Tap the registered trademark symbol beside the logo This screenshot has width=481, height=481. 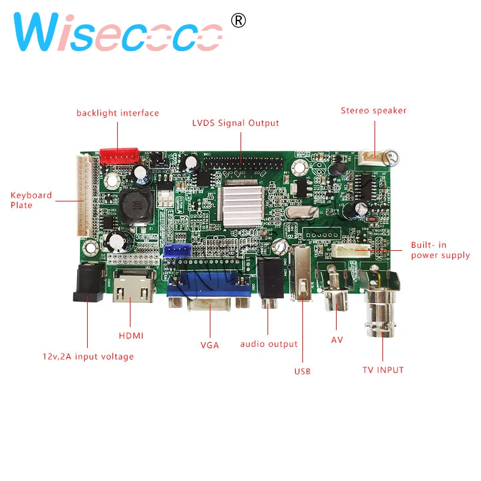click(x=239, y=20)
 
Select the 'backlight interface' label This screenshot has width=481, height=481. click(x=118, y=113)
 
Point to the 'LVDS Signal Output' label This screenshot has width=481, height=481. click(x=236, y=123)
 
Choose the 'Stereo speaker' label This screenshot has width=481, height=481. click(x=374, y=111)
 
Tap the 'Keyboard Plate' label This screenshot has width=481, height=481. click(x=31, y=200)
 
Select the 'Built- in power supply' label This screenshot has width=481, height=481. click(x=440, y=250)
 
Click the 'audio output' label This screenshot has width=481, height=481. click(x=269, y=344)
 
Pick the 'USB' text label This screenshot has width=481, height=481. click(x=302, y=371)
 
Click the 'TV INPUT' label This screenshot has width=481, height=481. click(x=383, y=370)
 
